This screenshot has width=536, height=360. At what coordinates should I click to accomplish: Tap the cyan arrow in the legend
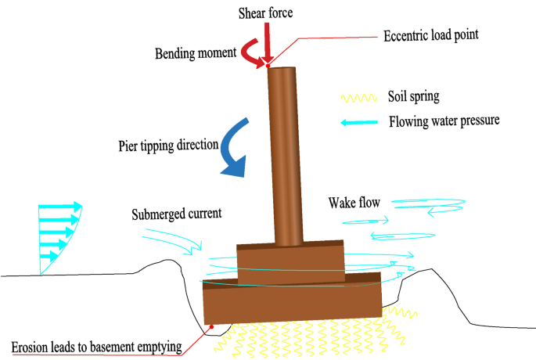359,122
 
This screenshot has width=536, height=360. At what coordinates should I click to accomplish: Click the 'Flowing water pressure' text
444,122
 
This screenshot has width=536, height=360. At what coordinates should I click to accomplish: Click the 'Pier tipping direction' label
165,146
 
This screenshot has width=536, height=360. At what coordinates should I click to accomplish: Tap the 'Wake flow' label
354,203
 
